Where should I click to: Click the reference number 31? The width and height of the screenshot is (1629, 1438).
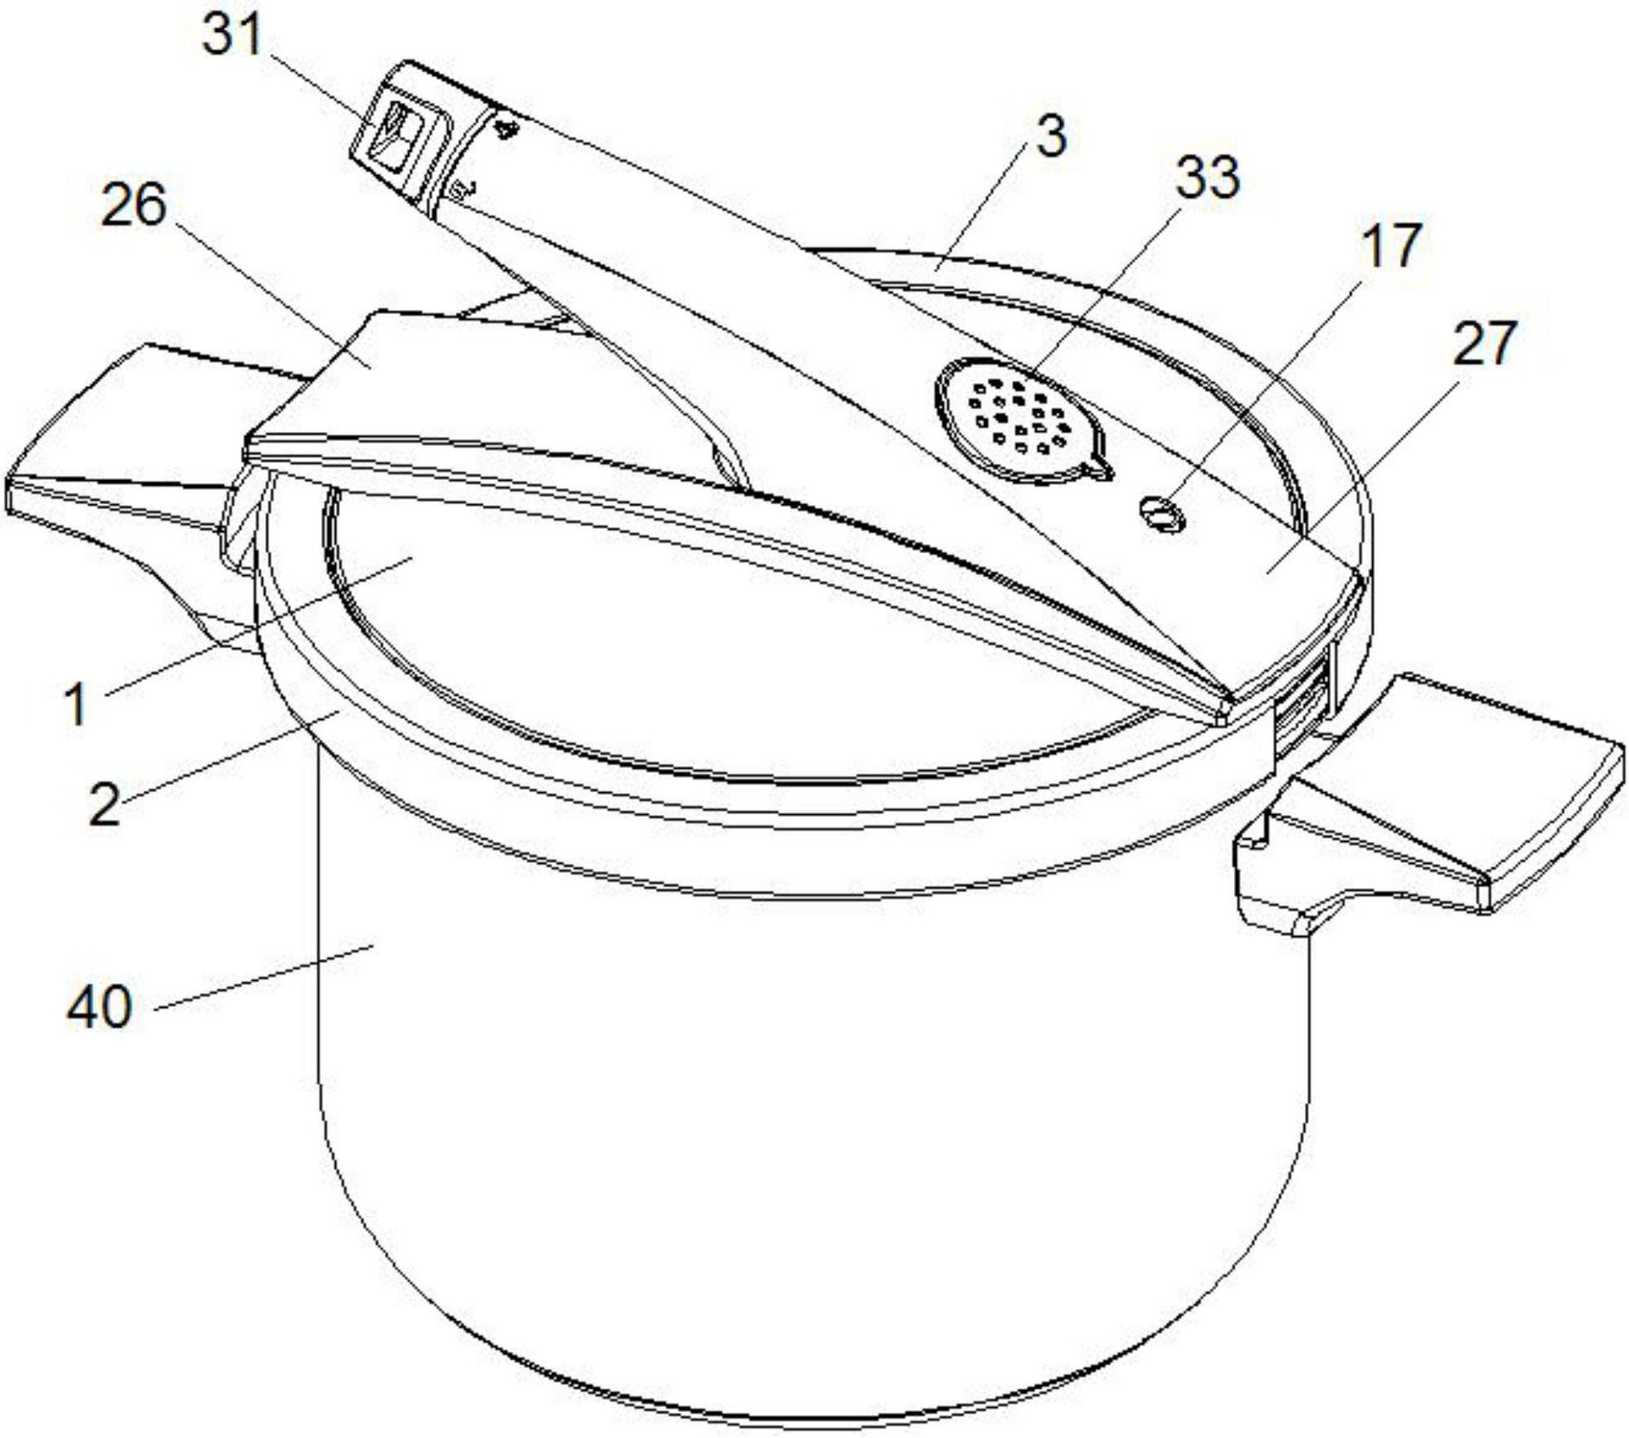click(x=232, y=37)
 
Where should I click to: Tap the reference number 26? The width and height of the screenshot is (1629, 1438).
click(x=133, y=205)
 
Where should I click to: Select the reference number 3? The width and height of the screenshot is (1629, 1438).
click(x=1051, y=136)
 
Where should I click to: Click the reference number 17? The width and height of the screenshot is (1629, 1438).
click(x=1390, y=244)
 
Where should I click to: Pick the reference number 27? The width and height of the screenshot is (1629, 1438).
click(x=1484, y=342)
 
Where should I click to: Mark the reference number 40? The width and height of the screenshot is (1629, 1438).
click(x=99, y=1006)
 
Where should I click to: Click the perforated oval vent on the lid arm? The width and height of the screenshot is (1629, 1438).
click(x=1021, y=421)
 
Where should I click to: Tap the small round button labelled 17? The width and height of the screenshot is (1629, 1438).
click(x=1161, y=514)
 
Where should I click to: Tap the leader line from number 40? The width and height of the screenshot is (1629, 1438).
click(x=265, y=975)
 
